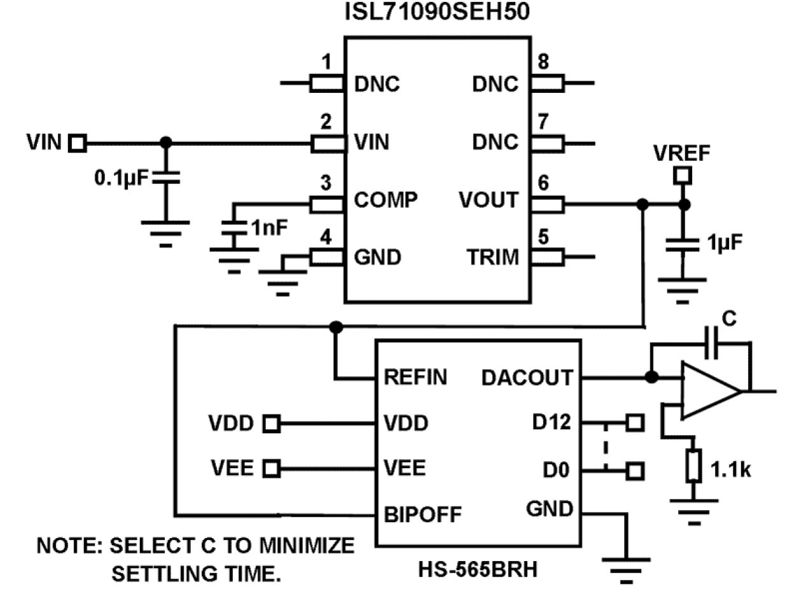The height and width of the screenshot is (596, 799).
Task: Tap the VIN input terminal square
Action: point(78,143)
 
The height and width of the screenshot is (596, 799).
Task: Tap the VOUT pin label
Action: point(489,200)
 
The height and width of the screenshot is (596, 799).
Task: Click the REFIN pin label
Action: point(415,378)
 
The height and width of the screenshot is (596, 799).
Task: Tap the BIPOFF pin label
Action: point(423,514)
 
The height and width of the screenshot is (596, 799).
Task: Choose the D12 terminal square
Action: point(634,422)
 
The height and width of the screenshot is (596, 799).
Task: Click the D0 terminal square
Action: point(634,471)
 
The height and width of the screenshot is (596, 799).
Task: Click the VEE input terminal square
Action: point(272,469)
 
